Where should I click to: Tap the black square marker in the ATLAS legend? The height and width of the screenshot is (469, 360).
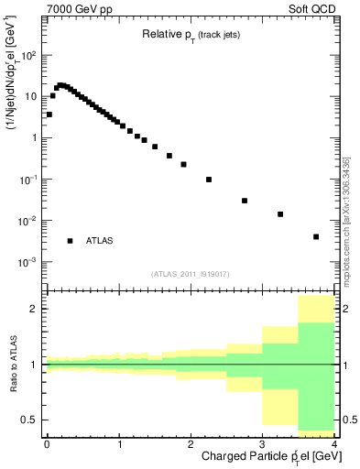point(70,241)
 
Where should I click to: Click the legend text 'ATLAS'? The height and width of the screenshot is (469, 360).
point(100,241)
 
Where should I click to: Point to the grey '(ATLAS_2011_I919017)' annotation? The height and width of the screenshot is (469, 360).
point(190,274)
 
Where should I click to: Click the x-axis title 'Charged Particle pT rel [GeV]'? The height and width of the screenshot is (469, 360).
point(266,457)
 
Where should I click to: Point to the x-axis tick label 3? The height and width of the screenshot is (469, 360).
point(263,444)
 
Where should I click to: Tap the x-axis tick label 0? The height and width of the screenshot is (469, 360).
point(47,444)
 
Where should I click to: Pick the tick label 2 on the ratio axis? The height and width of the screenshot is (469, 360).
point(36,309)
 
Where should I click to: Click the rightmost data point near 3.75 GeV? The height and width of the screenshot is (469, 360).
point(316,236)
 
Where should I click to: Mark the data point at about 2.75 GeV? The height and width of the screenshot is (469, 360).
point(245,201)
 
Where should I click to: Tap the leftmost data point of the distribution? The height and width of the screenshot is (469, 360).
point(49,115)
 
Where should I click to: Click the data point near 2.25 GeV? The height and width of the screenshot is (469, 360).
point(209,180)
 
